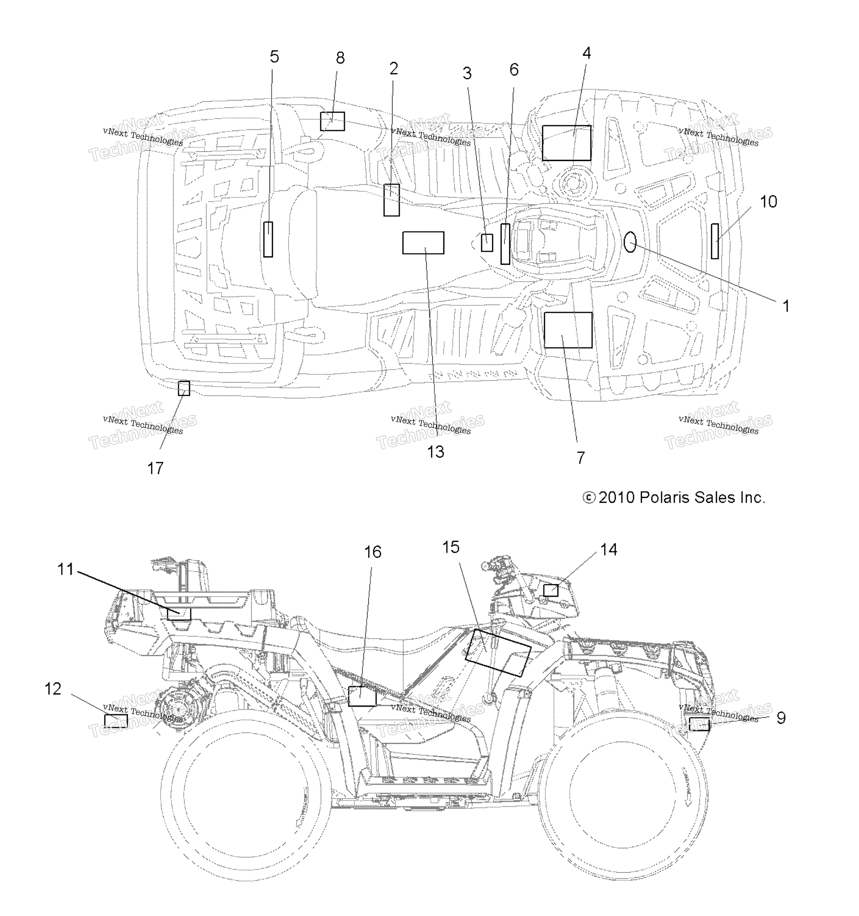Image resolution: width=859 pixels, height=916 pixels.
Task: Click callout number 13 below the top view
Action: coord(435,452)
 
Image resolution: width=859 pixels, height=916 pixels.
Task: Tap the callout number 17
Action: coord(155,469)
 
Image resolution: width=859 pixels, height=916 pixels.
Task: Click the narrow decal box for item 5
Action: coord(268,239)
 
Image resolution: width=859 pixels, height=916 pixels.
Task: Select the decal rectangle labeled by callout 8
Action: coord(332,121)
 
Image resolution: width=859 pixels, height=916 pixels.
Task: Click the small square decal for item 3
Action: coord(487,243)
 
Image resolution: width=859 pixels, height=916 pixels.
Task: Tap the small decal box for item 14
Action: coord(551,590)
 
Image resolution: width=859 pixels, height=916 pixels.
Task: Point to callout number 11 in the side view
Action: coord(65,569)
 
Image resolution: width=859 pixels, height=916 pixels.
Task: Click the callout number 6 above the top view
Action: coord(514,70)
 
